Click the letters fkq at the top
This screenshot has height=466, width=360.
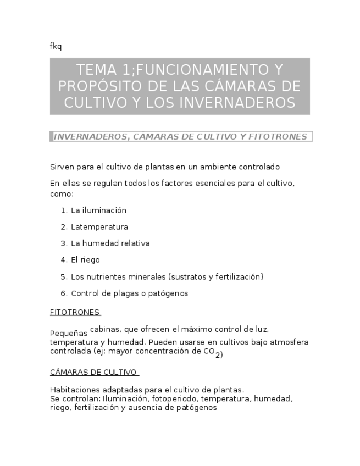[56, 46]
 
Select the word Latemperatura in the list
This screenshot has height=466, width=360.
[99, 227]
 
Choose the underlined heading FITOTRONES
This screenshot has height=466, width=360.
[75, 312]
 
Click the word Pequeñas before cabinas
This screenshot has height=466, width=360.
[69, 333]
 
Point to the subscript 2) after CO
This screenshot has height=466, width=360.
[219, 355]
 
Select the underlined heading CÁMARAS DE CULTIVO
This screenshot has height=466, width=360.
[93, 372]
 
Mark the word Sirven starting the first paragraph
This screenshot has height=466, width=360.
[61, 167]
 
